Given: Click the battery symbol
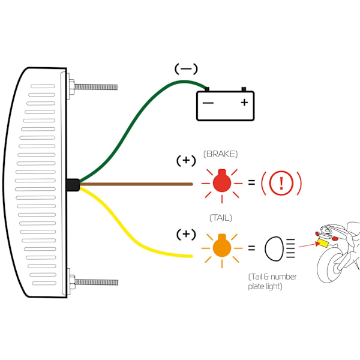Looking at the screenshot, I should coord(226,105).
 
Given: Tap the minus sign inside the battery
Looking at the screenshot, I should coord(208,103).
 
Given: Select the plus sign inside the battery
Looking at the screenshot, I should coord(244,103).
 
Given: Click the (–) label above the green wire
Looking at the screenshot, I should coord(186,69).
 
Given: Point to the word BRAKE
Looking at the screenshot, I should coord(221,154).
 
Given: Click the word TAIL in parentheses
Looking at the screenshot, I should coord(220,217).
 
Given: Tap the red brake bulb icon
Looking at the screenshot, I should coord(221,181).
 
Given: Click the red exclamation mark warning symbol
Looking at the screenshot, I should coord(281,182).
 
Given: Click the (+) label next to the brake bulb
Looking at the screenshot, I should coord(186,161).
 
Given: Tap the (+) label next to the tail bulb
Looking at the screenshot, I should coord(186,233).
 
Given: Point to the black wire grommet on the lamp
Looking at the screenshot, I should coord(73,185).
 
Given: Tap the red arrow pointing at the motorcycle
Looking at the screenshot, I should coord(308,244).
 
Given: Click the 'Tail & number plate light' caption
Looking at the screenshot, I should coord(272,281).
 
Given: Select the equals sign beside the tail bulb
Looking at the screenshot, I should coord(251,247).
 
